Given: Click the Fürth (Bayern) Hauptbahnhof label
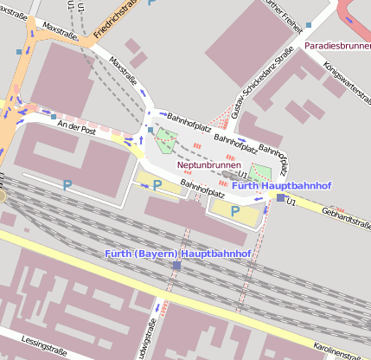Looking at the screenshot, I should coord(177,254).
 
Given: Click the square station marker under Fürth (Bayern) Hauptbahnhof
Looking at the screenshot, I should coord(176,266).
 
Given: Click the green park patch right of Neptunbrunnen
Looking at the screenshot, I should coord(260,171).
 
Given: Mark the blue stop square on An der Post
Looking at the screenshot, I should coord(53,116).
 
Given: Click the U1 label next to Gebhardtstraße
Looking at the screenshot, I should coord(292,202).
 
